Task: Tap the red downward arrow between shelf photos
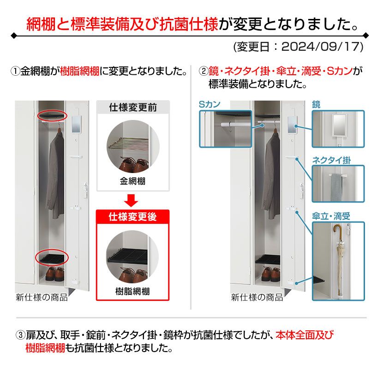[x=132, y=200]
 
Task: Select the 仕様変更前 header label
[x=132, y=108]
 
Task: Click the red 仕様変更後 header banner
[x=132, y=217]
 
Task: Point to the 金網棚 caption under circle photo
[x=132, y=181]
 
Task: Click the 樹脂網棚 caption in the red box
[x=132, y=291]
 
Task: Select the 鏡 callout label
[x=317, y=105]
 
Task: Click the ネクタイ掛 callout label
[x=331, y=160]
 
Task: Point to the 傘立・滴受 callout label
[x=331, y=216]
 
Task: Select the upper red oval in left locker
[x=53, y=114]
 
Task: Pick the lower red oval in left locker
[x=52, y=257]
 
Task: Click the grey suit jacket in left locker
[x=57, y=175]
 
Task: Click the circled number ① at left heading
[x=15, y=72]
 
